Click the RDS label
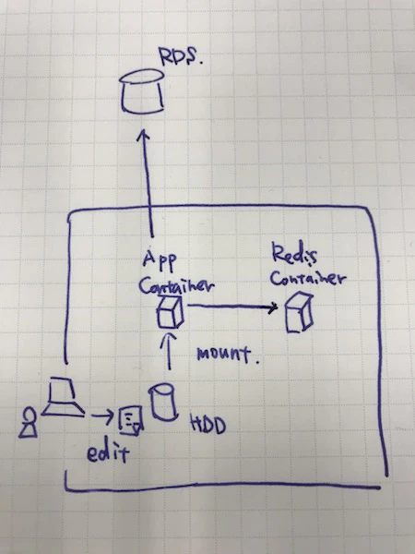point(180,55)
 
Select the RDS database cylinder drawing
point(142,91)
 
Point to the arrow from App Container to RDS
point(147,183)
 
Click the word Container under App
point(176,286)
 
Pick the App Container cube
point(171,313)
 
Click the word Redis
point(294,255)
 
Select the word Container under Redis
point(307,278)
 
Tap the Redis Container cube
point(299,313)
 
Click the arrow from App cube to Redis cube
point(232,307)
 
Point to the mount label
point(228,355)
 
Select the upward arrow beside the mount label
point(170,351)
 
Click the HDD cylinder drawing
point(162,402)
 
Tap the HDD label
point(207,424)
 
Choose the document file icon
point(131,420)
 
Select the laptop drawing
point(63,397)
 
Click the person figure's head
point(29,413)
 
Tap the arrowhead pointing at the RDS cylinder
point(143,135)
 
